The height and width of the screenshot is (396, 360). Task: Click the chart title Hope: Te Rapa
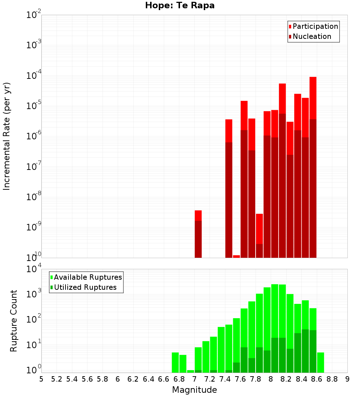coord(180,6)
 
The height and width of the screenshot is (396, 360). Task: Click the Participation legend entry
coord(313,26)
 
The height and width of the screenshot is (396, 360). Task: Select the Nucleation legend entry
coord(310,36)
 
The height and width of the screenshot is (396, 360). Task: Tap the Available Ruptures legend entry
coord(86,277)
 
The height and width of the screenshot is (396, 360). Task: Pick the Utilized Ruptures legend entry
coord(83,287)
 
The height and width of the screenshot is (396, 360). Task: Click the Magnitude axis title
coord(194,390)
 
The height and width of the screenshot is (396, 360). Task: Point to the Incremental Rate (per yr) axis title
coord(7,136)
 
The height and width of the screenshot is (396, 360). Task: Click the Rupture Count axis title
coord(14,320)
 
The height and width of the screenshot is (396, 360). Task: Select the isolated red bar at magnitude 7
coord(198,234)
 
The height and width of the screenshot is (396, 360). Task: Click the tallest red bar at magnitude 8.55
coord(313,166)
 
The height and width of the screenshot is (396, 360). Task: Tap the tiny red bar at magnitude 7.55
coord(237,256)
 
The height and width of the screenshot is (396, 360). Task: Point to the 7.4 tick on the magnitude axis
coord(225,379)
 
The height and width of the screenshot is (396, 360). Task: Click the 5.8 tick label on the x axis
coord(102,379)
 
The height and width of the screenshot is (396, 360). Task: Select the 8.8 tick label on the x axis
coord(332,379)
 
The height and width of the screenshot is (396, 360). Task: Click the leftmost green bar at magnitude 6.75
coord(175,363)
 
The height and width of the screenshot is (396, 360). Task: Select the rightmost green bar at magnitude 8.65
coord(320,363)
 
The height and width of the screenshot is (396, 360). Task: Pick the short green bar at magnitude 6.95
coord(190,371)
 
